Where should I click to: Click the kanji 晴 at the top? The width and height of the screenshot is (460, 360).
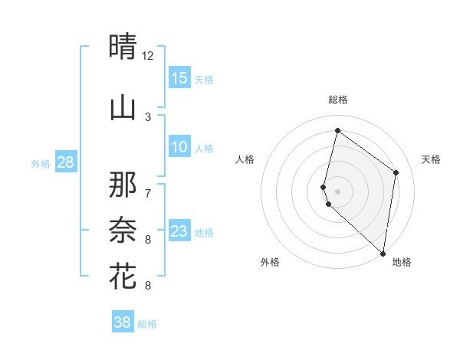pyautogui.click(x=123, y=47)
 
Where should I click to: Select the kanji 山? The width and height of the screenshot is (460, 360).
pyautogui.click(x=123, y=107)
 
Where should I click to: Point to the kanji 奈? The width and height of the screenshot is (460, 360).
pyautogui.click(x=123, y=229)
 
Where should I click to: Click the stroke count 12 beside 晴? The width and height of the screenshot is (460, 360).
pyautogui.click(x=148, y=56)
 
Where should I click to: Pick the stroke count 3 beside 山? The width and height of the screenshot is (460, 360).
pyautogui.click(x=148, y=116)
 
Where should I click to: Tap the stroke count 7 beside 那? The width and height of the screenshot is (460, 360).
pyautogui.click(x=148, y=191)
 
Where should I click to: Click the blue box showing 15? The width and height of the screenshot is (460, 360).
pyautogui.click(x=179, y=78)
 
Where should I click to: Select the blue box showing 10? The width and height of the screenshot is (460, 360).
pyautogui.click(x=179, y=147)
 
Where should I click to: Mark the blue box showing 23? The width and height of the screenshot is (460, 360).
pyautogui.click(x=179, y=231)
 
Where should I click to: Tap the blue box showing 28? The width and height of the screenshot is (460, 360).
pyautogui.click(x=65, y=162)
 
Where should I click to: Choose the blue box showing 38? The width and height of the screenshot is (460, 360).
pyautogui.click(x=123, y=322)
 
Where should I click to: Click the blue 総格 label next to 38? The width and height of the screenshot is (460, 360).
pyautogui.click(x=147, y=324)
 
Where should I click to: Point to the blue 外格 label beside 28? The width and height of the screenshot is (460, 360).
pyautogui.click(x=41, y=163)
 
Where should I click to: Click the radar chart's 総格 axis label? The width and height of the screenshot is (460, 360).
pyautogui.click(x=337, y=100)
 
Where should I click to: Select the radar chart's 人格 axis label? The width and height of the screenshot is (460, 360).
pyautogui.click(x=245, y=159)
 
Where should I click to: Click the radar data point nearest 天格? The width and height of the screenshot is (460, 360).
pyautogui.click(x=396, y=172)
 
